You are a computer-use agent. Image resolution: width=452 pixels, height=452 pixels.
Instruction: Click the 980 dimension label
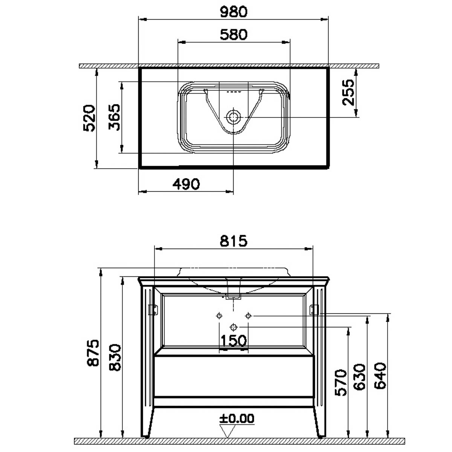click(234, 12)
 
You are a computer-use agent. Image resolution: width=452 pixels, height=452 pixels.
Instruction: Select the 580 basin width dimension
click(234, 35)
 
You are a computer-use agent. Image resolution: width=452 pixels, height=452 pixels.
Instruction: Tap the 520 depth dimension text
click(89, 118)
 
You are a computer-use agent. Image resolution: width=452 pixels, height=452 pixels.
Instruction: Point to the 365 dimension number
click(114, 117)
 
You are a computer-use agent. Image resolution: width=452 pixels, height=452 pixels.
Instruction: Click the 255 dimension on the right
click(348, 92)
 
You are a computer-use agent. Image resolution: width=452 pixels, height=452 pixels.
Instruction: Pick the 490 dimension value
click(186, 184)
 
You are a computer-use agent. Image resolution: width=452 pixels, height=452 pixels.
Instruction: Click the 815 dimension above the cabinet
click(234, 241)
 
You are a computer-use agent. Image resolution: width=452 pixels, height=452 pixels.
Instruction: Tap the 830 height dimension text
click(115, 357)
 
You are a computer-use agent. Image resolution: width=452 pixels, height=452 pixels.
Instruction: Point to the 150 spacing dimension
click(234, 341)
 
